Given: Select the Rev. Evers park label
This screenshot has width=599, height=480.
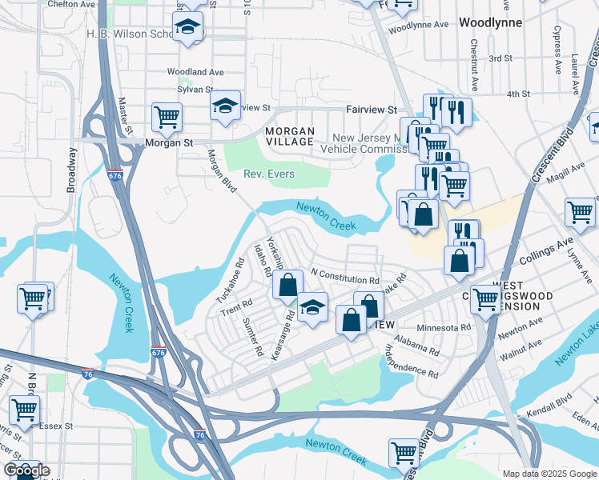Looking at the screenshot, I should pyautogui.click(x=269, y=174).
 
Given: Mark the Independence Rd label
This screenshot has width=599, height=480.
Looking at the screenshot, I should pyautogui.click(x=411, y=361).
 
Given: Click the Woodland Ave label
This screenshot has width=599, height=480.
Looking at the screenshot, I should pyautogui.click(x=195, y=72).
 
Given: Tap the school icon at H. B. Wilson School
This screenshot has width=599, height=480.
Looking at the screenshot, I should pyautogui.click(x=187, y=28).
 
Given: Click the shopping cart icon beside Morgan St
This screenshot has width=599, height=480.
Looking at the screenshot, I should pyautogui.click(x=167, y=117).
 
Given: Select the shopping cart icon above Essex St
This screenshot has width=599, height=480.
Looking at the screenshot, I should pyautogui.click(x=24, y=409).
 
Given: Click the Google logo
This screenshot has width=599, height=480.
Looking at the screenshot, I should pyautogui.click(x=26, y=470).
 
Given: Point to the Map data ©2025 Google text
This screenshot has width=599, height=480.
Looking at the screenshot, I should pyautogui.click(x=549, y=473).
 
